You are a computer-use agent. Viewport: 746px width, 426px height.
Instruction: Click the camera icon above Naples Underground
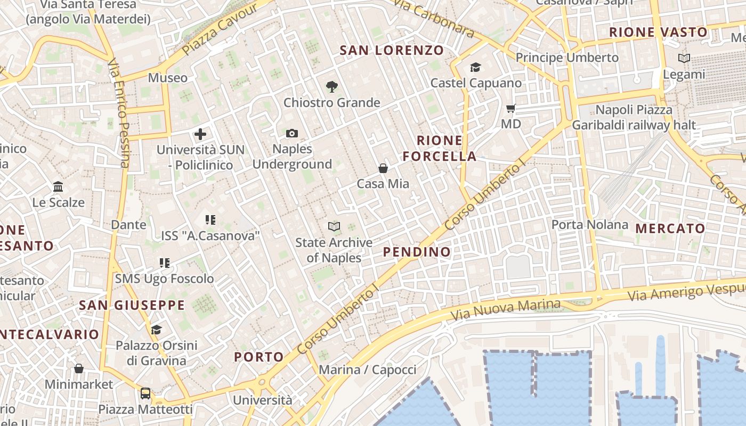point(292,134)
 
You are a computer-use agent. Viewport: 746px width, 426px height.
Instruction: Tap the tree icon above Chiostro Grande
point(332,87)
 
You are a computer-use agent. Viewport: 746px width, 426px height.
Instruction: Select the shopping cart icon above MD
point(511,109)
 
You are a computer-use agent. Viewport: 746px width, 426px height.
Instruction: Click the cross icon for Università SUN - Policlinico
point(200,134)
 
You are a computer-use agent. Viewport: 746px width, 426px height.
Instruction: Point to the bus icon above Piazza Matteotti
point(145,394)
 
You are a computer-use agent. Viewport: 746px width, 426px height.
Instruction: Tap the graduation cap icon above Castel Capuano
point(475,68)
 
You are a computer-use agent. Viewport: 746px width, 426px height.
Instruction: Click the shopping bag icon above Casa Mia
point(383,168)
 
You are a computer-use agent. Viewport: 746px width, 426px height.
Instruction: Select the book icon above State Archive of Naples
point(334,227)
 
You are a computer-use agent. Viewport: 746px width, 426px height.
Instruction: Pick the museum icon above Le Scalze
point(58,187)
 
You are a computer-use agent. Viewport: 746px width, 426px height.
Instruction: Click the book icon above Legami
point(684,59)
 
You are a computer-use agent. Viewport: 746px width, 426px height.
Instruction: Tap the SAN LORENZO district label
point(392,51)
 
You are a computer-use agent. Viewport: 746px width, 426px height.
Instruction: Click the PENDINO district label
point(417,252)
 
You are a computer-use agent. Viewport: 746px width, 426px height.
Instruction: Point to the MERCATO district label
point(670,228)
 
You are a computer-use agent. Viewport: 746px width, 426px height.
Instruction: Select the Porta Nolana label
point(589,225)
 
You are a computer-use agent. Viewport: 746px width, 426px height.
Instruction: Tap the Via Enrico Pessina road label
point(118,113)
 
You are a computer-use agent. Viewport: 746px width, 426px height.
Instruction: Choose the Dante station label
point(128,225)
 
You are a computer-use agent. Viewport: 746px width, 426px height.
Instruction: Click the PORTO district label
point(259,357)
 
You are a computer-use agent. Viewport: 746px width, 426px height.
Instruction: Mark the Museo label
point(168,78)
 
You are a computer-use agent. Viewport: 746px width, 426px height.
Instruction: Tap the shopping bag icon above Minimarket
point(79,368)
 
